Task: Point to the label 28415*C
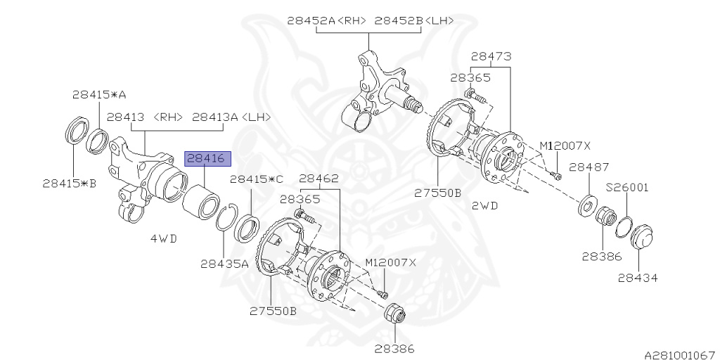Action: [x=257, y=179]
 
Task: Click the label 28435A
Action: [x=224, y=264]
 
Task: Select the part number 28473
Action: [x=491, y=56]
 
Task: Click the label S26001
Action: [x=627, y=188]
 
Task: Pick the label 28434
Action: [x=638, y=278]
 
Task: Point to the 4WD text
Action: [x=164, y=238]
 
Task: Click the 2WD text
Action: [x=485, y=205]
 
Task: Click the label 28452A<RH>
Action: [x=327, y=21]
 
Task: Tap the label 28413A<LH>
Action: [x=231, y=117]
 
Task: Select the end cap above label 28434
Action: [x=641, y=236]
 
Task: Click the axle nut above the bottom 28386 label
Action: [x=394, y=315]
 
